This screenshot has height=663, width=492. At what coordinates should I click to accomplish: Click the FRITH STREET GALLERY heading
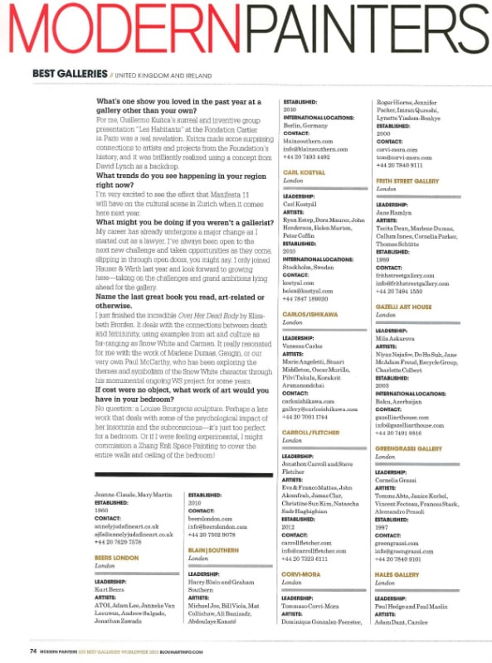(x=407, y=180)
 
